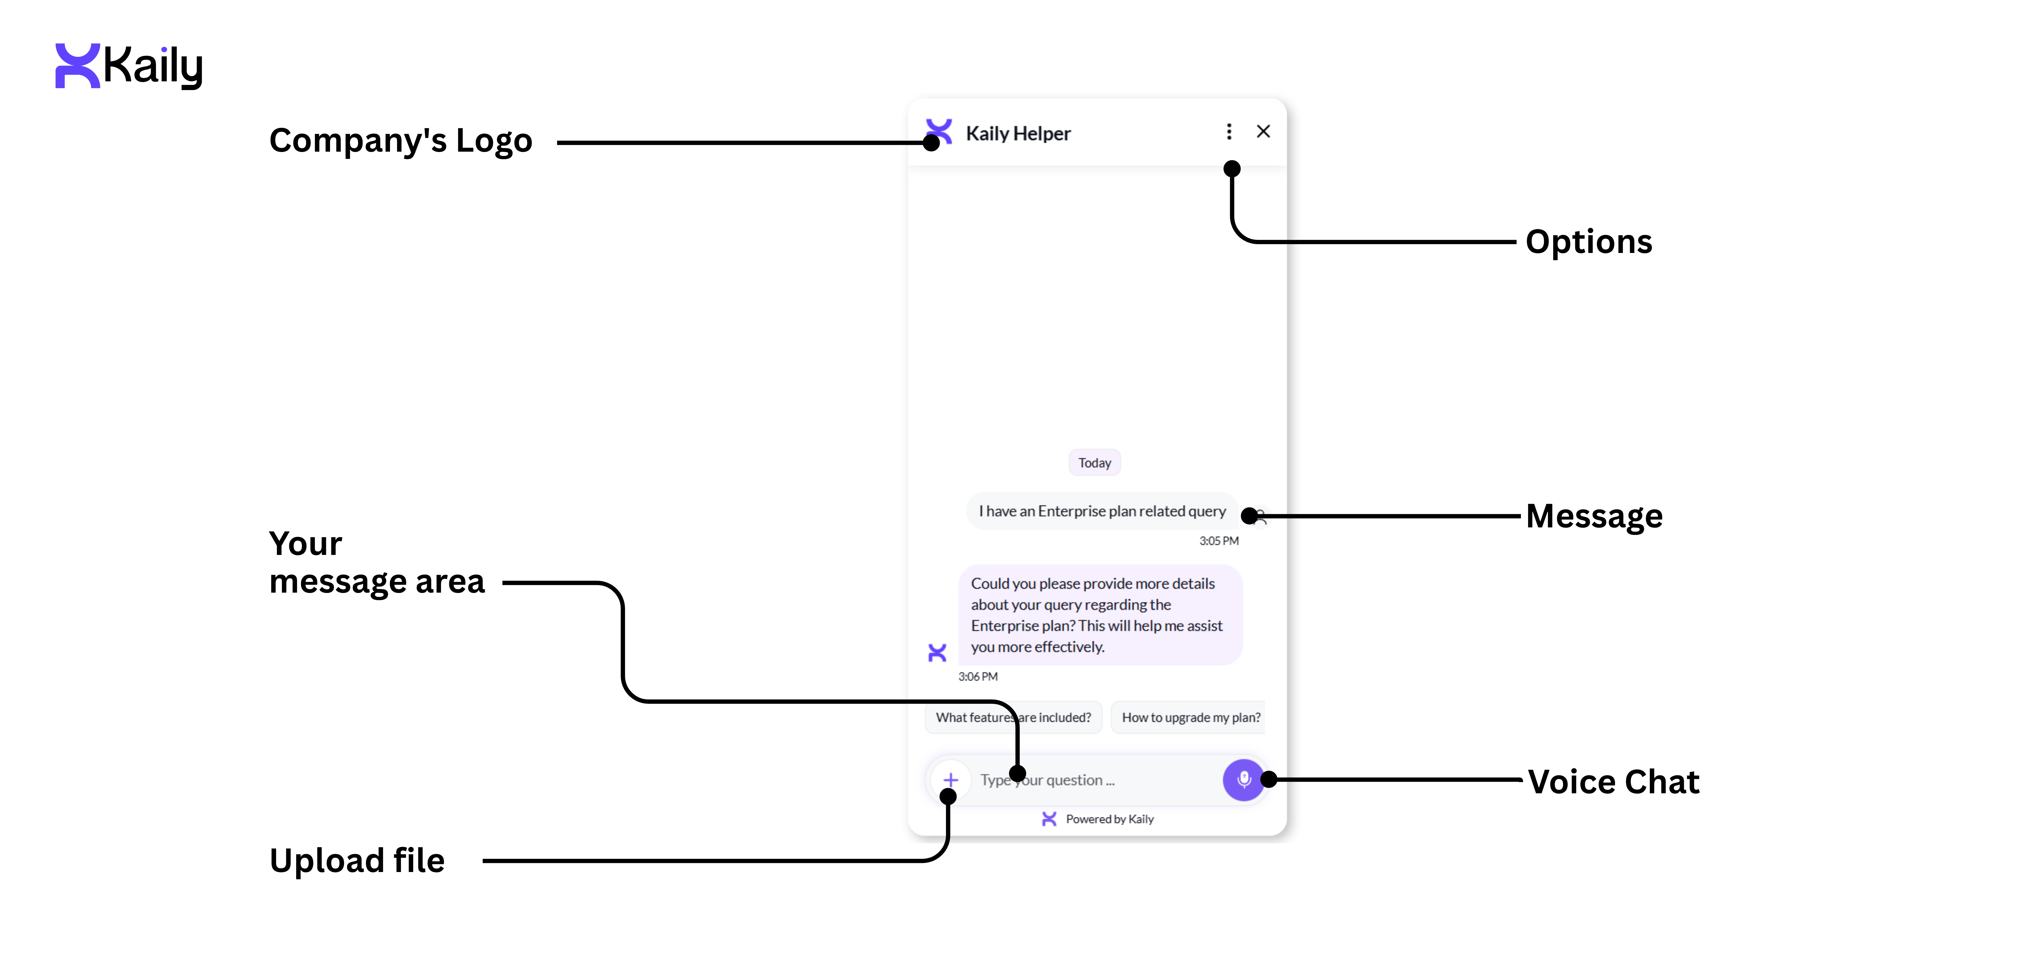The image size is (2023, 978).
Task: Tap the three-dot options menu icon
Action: click(1229, 132)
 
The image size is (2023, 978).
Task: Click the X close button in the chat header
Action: click(1263, 132)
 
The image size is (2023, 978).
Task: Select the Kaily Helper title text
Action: click(1018, 134)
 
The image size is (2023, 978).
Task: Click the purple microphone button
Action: click(1243, 779)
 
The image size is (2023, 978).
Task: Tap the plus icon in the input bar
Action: click(950, 780)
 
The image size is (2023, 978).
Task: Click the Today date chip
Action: click(1094, 463)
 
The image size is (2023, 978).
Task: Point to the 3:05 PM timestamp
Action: click(1218, 540)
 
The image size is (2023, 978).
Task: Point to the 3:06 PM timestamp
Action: click(978, 676)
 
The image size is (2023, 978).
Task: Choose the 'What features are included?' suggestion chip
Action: click(1013, 717)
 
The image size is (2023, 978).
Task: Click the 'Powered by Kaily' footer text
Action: click(1109, 819)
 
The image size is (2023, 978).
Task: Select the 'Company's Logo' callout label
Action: click(400, 141)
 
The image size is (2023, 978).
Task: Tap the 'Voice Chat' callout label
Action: click(1613, 782)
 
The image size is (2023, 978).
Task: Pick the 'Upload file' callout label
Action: click(356, 860)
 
